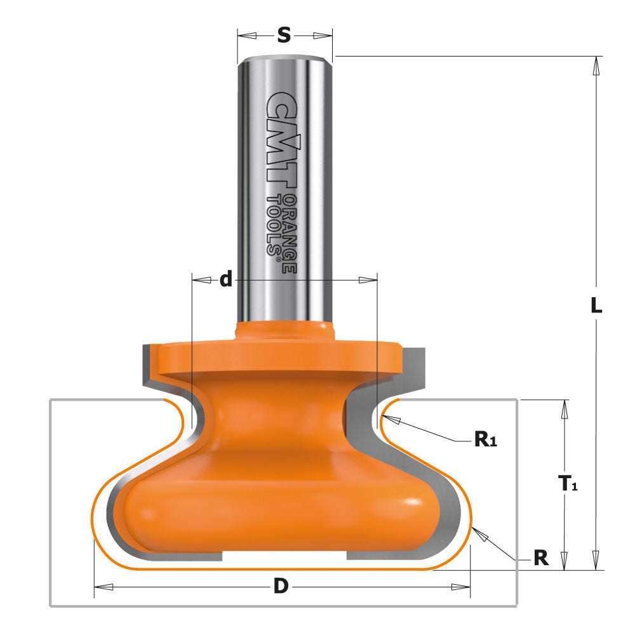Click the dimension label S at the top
[x=284, y=36]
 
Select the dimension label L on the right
[x=595, y=306]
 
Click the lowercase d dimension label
[x=225, y=279]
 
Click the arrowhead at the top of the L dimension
[x=596, y=63]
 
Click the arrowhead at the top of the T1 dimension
[x=563, y=407]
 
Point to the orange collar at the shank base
[x=283, y=331]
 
